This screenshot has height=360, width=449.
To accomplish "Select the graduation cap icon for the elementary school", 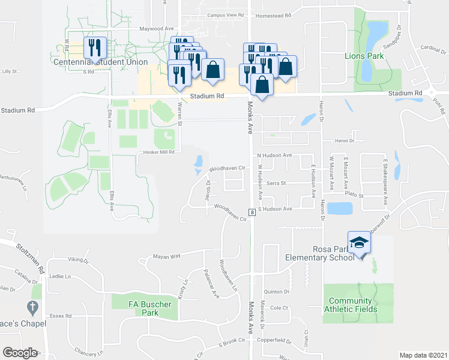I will (x=360, y=242).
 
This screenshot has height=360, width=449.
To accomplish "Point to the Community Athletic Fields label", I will (x=351, y=305).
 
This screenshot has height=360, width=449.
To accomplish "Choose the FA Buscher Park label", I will (x=149, y=308).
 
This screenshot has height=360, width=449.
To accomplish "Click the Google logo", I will (x=20, y=352).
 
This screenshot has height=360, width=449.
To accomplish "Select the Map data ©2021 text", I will (x=423, y=355).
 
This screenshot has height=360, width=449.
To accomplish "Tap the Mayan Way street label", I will (x=167, y=256).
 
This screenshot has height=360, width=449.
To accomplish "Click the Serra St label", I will (x=277, y=183).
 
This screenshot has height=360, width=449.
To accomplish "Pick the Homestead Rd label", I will (x=274, y=16).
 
